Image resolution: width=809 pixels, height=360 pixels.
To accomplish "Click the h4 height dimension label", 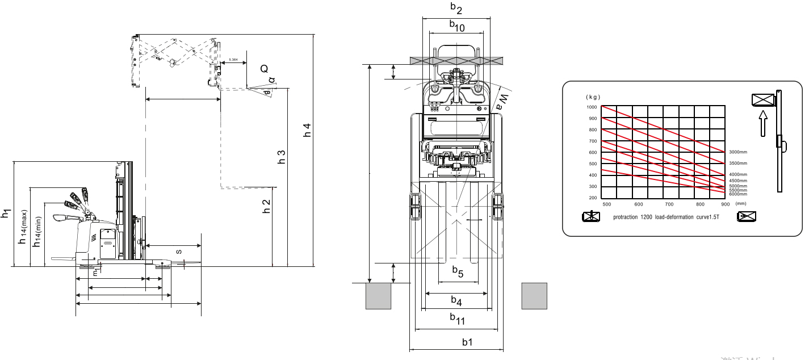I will click(307, 130).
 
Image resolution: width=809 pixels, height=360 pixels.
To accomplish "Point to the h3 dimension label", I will click(281, 157).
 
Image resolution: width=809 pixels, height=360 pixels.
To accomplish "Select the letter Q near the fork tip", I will click(264, 69).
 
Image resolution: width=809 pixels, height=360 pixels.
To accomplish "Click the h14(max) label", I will click(23, 227).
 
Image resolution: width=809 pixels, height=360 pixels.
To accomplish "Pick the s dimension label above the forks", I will click(179, 250).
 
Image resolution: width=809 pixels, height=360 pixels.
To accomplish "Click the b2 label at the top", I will click(456, 8).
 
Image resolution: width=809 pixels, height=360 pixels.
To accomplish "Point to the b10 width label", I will click(456, 26).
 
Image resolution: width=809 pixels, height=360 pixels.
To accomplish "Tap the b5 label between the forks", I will click(458, 272).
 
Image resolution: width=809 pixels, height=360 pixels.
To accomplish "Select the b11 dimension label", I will click(457, 319).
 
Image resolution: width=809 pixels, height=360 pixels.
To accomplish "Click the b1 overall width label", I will click(467, 342).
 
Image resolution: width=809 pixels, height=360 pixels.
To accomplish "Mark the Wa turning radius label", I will click(502, 102).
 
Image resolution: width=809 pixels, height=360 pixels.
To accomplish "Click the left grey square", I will click(378, 296).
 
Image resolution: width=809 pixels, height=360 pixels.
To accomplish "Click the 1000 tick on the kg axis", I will click(592, 107).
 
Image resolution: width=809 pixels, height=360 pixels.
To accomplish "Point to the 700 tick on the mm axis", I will click(669, 204).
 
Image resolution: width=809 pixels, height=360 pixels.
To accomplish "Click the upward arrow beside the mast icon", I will click(763, 123).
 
